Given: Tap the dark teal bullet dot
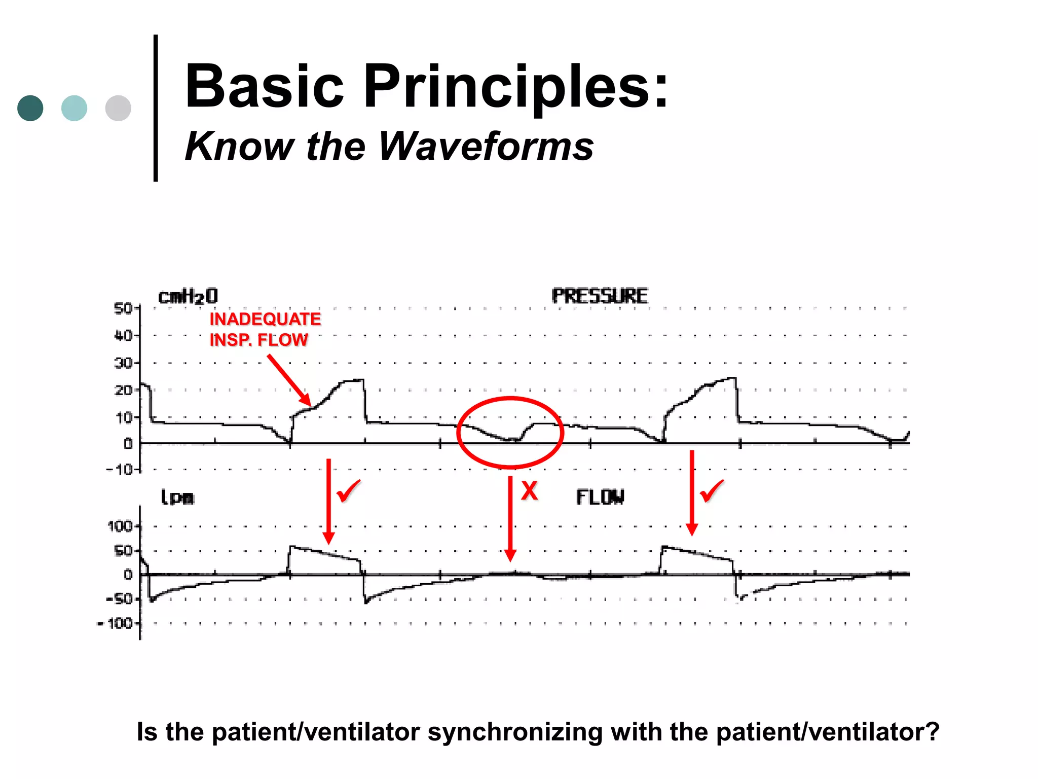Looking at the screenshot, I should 30,108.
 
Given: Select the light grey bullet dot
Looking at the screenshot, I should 118,108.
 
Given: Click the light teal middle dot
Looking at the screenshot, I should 74,108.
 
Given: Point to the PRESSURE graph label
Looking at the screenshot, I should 599,296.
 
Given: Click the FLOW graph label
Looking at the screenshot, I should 600,497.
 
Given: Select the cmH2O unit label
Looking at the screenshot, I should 188,296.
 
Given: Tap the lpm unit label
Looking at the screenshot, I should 177,497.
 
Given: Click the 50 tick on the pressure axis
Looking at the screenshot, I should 123,308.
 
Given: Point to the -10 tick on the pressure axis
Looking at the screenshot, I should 120,470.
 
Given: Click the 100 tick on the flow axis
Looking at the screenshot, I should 120,526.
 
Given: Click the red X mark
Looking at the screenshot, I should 529,491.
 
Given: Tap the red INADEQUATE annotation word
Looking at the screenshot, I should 265,319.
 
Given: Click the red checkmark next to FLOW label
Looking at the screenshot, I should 712,491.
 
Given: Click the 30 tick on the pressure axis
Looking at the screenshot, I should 123,363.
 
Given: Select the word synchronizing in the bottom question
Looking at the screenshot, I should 514,732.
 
